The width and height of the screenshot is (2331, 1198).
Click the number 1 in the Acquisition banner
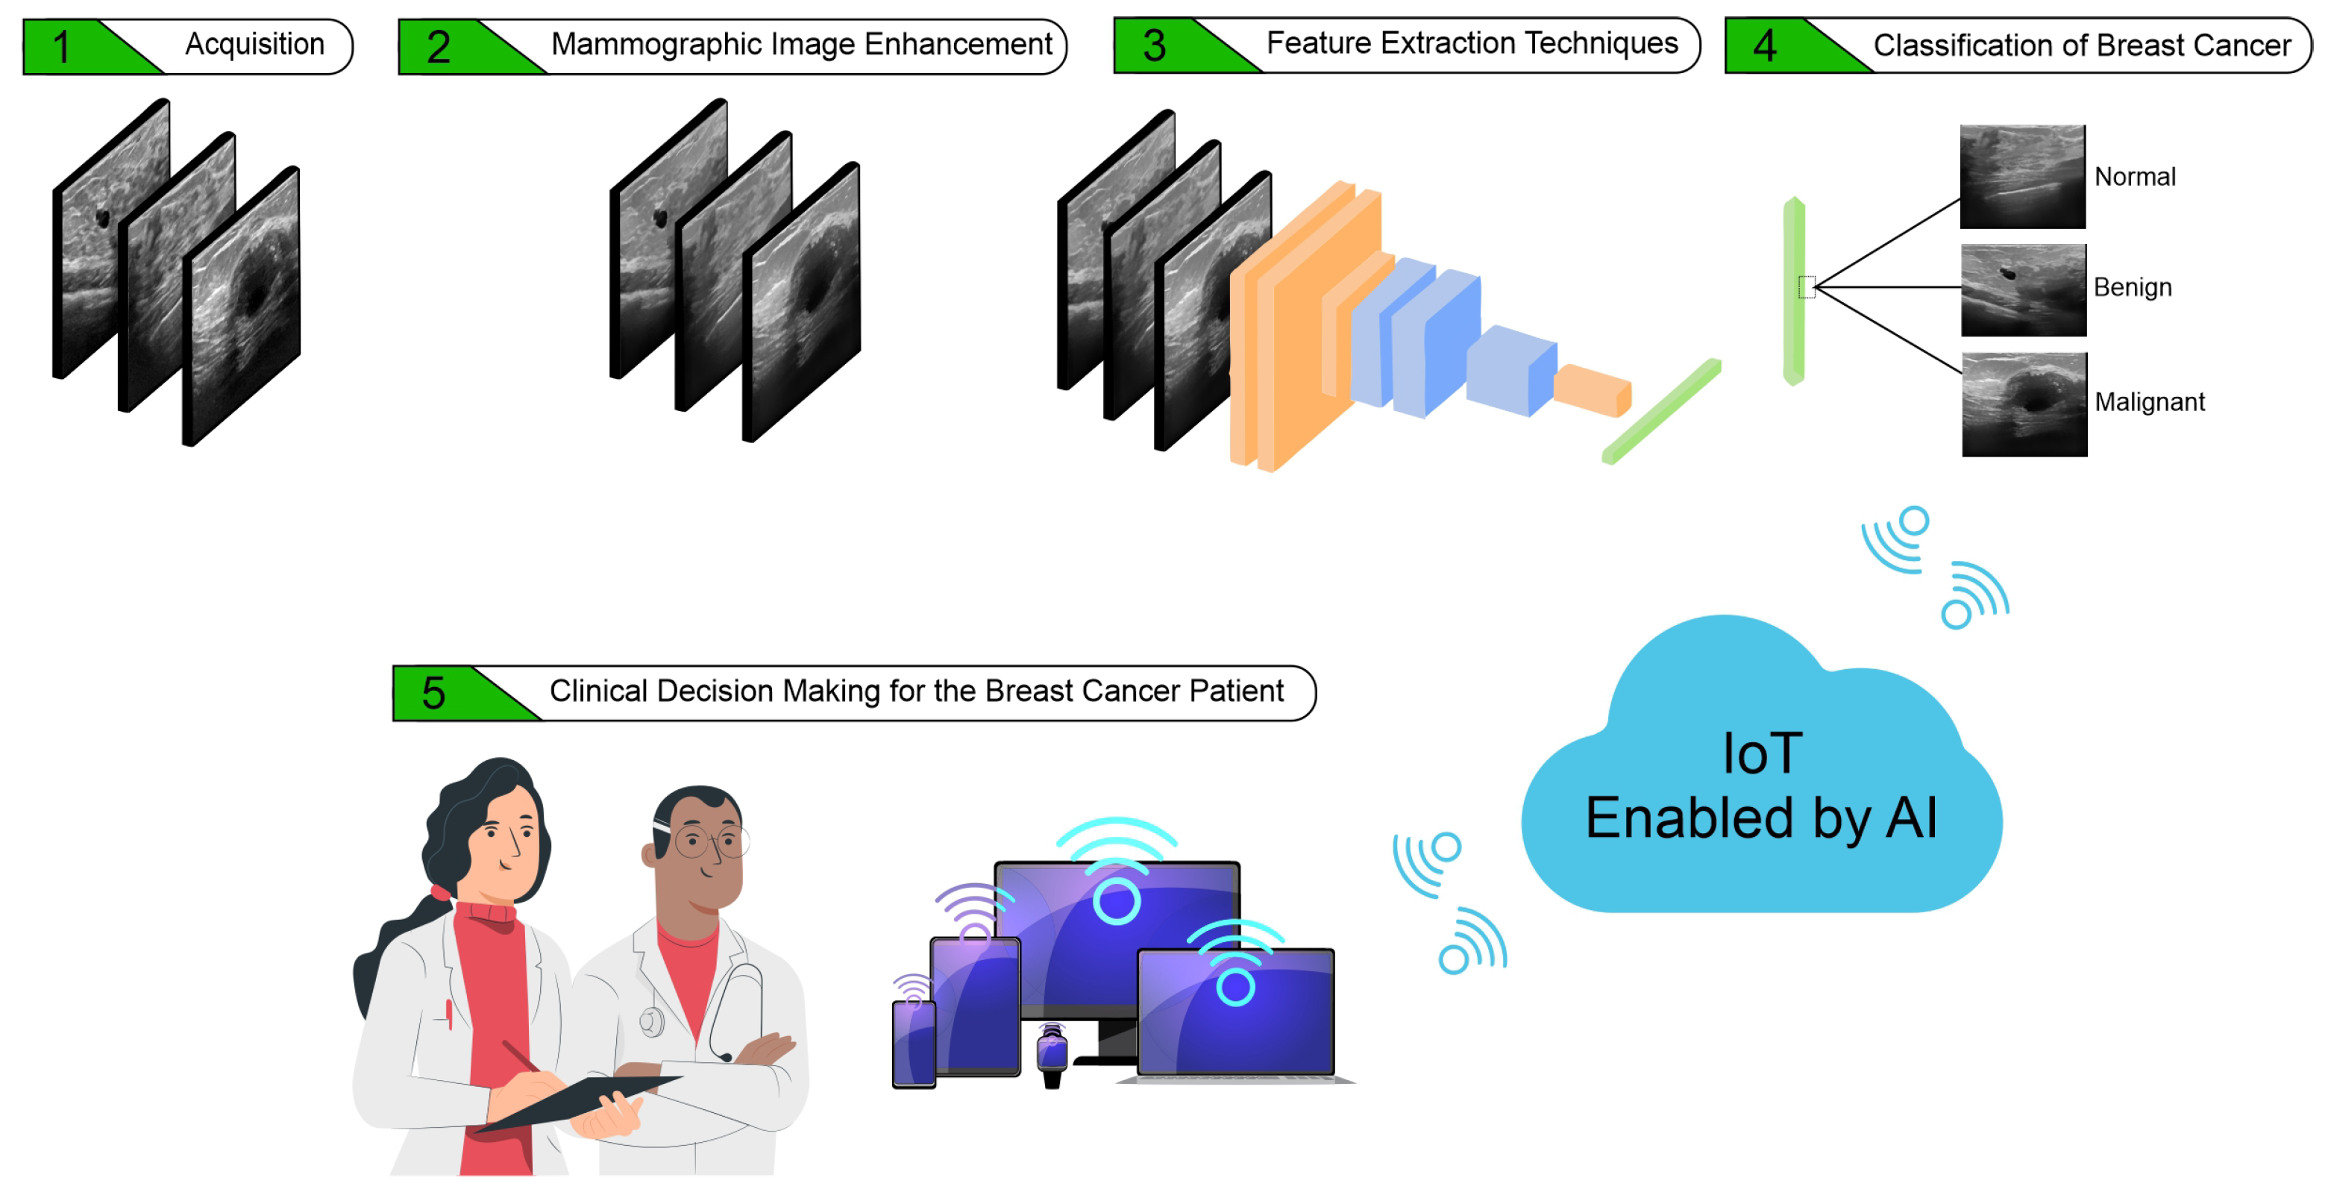[x=61, y=47]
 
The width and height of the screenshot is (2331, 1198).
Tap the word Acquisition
[x=254, y=43]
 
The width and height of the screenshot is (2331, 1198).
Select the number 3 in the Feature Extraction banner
[x=1154, y=46]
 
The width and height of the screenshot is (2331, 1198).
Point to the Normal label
[x=2134, y=177]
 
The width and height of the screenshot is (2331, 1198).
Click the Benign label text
[x=2132, y=287]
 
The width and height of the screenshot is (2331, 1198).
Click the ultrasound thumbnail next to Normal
[x=2021, y=177]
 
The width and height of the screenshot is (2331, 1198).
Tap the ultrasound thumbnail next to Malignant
[x=2024, y=404]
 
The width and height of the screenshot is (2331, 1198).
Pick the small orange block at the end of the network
[x=1593, y=390]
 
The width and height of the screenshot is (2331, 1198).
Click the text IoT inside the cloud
[x=1761, y=753]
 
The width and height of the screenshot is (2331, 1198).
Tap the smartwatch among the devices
[x=1052, y=1054]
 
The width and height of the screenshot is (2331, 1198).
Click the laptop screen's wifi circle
[x=1234, y=986]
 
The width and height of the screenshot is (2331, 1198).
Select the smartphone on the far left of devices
[x=913, y=1042]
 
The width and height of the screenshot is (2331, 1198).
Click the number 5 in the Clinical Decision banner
[x=433, y=693]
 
